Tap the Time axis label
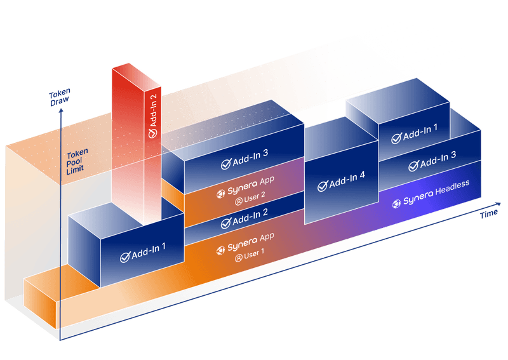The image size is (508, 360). [488, 214]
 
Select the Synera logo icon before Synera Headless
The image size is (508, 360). [397, 203]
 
